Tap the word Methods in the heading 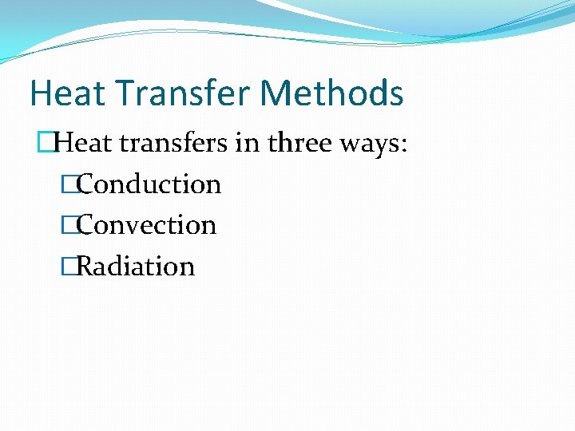[x=332, y=93]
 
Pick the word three [x=295, y=144]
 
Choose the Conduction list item [x=149, y=184]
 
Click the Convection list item [x=147, y=225]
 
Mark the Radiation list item [x=136, y=266]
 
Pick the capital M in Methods [x=276, y=93]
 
